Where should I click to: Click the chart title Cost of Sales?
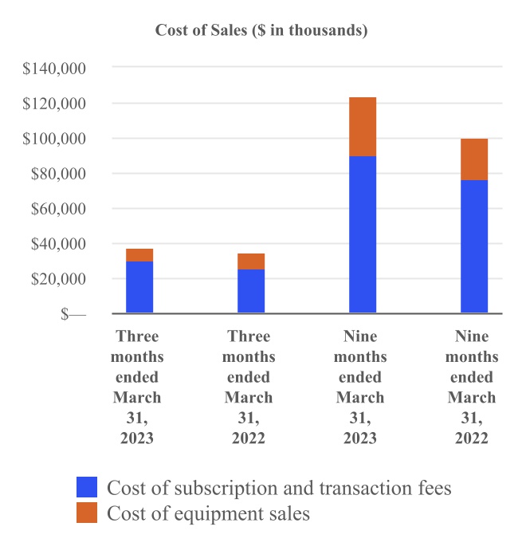(x=261, y=31)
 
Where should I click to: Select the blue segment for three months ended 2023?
(x=139, y=287)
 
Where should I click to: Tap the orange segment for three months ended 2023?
(x=139, y=255)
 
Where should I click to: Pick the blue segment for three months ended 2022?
(x=251, y=291)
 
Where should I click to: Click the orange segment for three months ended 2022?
(x=251, y=261)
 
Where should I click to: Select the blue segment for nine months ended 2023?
(x=363, y=235)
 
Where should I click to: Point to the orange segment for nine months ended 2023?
(x=363, y=127)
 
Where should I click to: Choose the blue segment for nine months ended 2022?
(x=474, y=247)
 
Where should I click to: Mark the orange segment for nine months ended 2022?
(x=474, y=159)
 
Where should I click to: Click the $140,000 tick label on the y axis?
(x=55, y=69)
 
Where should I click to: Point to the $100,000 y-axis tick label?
(x=55, y=139)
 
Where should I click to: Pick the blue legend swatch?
(x=87, y=487)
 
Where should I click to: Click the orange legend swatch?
(x=87, y=513)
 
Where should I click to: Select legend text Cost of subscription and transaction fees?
(x=279, y=488)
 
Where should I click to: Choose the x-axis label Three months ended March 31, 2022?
(x=249, y=387)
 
